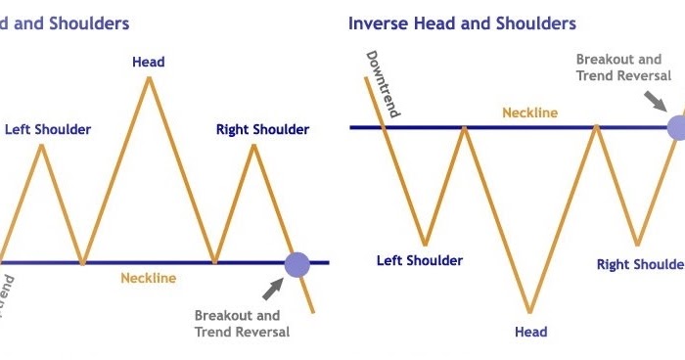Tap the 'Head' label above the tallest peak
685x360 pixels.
[149, 63]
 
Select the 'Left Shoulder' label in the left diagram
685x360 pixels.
[48, 129]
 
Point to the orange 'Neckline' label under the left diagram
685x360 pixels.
[149, 279]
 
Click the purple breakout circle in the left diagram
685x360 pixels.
[297, 263]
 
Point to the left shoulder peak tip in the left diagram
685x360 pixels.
[41, 145]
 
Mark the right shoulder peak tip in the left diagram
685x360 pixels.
[254, 145]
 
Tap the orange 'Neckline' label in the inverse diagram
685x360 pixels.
[529, 112]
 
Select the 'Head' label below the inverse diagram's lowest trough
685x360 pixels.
[530, 332]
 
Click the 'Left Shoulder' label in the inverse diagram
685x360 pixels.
[420, 261]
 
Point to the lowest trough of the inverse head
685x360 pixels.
[530, 313]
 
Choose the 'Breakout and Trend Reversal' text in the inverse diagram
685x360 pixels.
[623, 67]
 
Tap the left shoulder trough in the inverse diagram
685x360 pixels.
[425, 245]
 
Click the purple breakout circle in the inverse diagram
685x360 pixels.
[676, 126]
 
